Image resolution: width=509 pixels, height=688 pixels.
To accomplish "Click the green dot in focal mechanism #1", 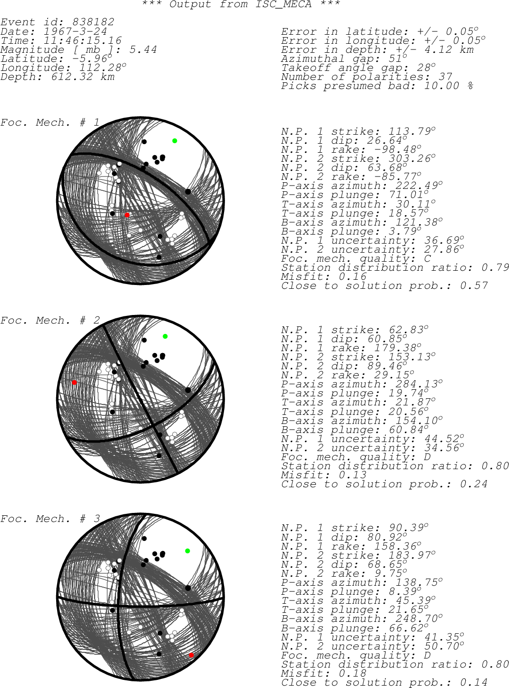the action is (175, 141).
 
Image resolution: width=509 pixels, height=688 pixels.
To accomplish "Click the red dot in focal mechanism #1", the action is (127, 215).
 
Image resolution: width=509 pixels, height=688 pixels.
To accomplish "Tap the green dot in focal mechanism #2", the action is (166, 336).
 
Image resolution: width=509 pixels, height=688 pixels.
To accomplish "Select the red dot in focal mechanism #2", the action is (74, 383).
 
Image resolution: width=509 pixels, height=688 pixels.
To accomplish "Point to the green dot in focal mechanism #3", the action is (187, 551).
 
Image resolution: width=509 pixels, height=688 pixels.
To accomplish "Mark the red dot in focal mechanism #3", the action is (191, 655).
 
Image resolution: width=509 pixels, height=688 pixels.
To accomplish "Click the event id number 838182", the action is (93, 22).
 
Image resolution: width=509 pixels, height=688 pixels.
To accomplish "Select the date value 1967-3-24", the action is (75, 31).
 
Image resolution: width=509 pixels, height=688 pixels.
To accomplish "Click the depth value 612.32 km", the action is (83, 77).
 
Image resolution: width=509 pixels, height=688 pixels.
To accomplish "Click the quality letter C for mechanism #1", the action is (427, 258).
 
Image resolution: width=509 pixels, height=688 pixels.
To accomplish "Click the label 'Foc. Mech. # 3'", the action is (50, 519).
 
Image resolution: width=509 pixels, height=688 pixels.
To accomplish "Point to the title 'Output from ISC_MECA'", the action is (240, 4).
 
